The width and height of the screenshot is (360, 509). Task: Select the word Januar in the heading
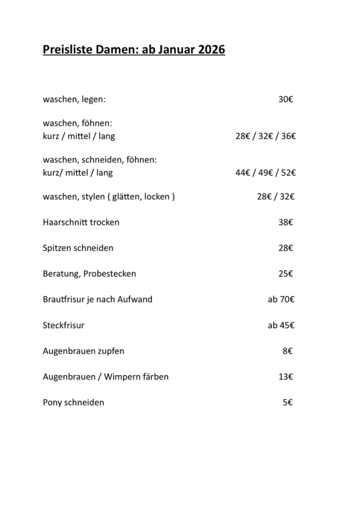click(173, 50)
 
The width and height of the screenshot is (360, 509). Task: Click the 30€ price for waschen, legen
click(285, 100)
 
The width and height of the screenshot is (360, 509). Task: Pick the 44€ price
click(242, 173)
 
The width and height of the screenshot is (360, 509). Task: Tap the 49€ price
click(266, 173)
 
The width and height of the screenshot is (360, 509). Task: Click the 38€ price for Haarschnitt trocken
click(285, 222)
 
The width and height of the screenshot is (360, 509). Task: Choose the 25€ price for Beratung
click(285, 274)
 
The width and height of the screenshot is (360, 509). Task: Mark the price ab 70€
click(281, 299)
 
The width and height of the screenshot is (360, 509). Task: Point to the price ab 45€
click(281, 325)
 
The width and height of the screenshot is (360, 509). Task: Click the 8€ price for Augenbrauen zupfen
click(287, 351)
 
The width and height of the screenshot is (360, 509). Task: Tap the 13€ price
click(285, 377)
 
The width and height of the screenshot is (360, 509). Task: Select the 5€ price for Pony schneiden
click(287, 403)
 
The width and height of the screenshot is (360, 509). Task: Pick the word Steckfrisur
click(64, 325)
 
